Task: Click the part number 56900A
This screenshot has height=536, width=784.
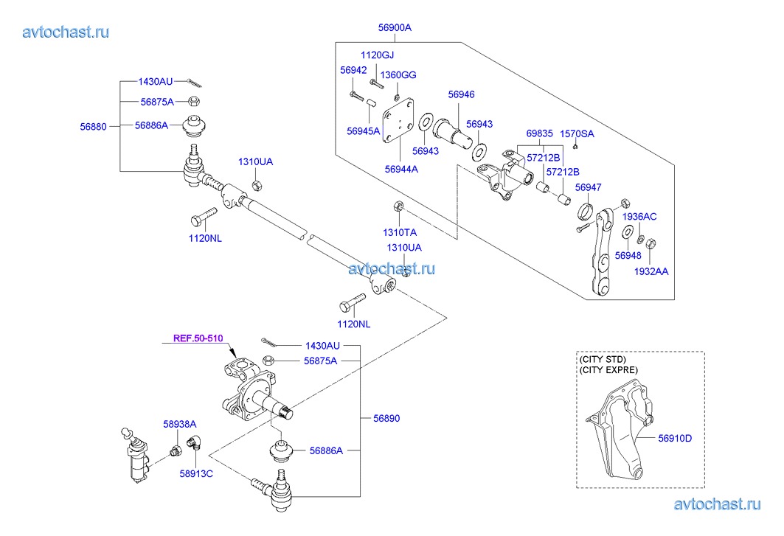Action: (x=395, y=28)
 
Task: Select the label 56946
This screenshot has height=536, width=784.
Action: (x=462, y=94)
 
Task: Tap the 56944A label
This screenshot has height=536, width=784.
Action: (x=401, y=169)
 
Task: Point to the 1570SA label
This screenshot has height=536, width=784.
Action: (x=577, y=133)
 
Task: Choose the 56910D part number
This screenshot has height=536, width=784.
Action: (x=676, y=438)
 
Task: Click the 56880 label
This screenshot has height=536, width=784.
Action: (x=94, y=126)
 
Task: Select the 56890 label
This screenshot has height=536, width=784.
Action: (x=386, y=418)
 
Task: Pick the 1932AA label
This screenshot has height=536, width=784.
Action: (x=651, y=271)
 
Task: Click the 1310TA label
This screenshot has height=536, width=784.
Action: (x=398, y=232)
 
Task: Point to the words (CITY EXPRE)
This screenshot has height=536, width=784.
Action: (x=609, y=369)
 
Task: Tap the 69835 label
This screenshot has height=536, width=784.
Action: (x=539, y=133)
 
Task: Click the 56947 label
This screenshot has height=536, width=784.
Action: (x=588, y=188)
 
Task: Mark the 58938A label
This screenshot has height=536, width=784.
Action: (x=180, y=424)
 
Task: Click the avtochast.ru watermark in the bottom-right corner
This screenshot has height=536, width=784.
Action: (x=717, y=504)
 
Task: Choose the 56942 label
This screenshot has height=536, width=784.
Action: (x=353, y=70)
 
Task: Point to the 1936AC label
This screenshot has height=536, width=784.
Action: (x=639, y=217)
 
